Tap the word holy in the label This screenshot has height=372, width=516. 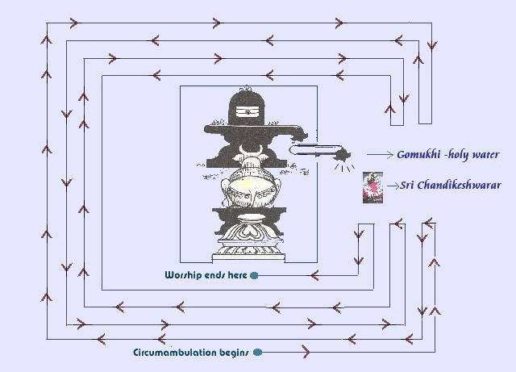(459, 154)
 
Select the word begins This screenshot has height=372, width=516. (234, 352)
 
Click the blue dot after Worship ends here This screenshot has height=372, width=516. (255, 275)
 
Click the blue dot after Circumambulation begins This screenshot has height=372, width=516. (257, 352)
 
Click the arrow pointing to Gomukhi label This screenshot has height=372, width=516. (380, 154)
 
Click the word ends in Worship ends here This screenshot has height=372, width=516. (220, 274)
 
